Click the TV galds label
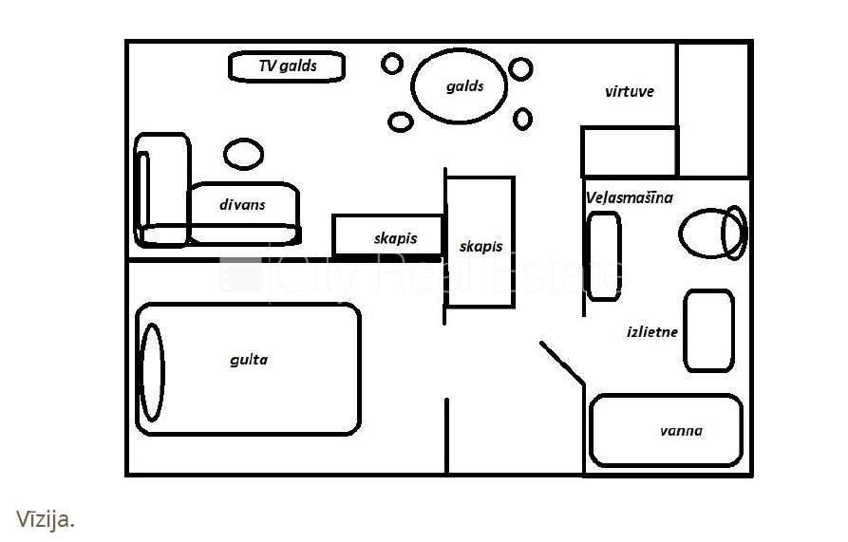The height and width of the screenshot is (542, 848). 287,66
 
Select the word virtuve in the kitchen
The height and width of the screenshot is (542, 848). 629,92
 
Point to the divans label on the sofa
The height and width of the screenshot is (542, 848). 242,204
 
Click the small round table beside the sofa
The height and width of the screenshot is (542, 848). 243,153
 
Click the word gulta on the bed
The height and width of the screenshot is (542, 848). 249,360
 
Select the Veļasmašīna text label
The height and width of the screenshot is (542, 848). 630,197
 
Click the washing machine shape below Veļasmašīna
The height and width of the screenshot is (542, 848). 603,256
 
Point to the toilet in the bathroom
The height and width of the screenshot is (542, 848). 712,233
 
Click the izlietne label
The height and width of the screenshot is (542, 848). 652,332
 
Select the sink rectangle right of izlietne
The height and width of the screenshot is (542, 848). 708,330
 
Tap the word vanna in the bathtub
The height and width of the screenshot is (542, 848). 681,431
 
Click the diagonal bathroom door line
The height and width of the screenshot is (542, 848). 562,364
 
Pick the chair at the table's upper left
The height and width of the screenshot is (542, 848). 393,65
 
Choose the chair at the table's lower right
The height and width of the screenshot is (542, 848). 522,119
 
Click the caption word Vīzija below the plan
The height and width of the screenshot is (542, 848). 45,519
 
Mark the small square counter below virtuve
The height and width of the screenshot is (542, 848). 629,152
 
